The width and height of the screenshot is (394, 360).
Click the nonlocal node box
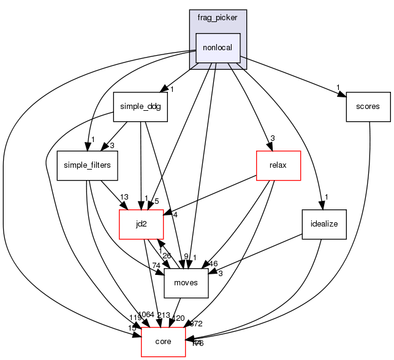218,48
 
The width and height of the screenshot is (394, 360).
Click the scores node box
368,106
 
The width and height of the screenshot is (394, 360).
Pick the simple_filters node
88,165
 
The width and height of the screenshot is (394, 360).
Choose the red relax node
278,165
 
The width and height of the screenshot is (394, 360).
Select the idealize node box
324,224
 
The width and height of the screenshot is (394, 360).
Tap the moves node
186,283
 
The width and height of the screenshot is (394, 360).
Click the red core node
164,342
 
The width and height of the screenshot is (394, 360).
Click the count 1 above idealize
327,197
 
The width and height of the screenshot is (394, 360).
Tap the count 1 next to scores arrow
338,86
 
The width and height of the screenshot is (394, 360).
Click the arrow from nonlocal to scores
294,77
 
